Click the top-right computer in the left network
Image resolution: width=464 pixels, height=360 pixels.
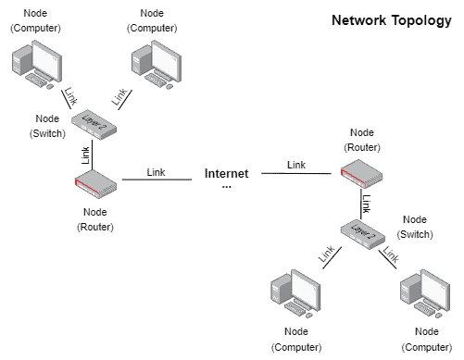coord(155,65)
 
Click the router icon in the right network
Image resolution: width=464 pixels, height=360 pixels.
coord(361,173)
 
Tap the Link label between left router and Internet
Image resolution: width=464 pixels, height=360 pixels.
coord(156,171)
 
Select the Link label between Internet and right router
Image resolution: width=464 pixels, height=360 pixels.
coord(295,164)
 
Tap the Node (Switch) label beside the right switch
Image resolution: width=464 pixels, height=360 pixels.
coord(415,227)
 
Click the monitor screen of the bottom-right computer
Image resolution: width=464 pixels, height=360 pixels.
coord(429,286)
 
